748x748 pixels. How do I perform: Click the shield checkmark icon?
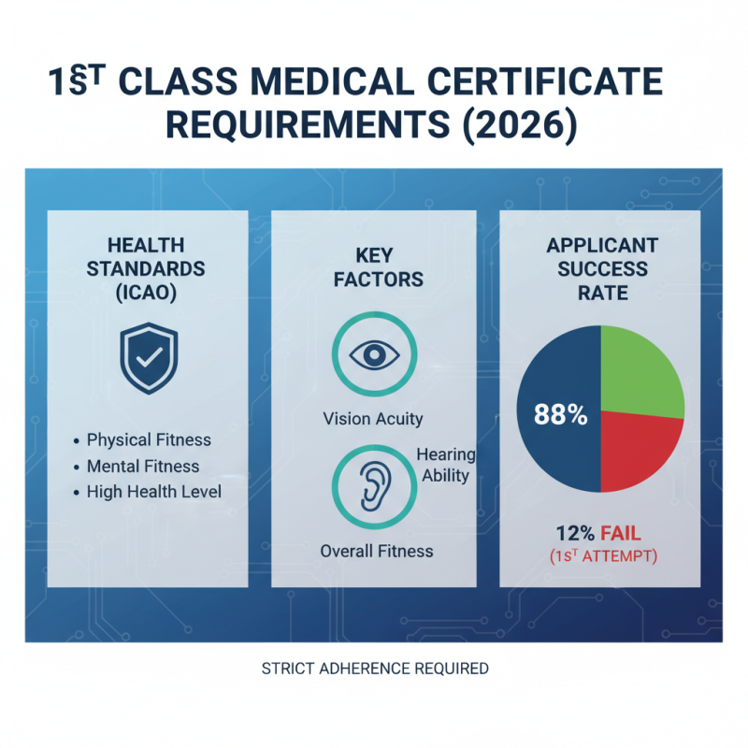click(149, 359)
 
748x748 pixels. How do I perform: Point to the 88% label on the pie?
click(560, 415)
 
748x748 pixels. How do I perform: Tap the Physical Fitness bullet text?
click(149, 439)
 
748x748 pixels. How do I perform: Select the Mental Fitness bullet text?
click(143, 466)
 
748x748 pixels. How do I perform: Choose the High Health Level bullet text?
click(154, 492)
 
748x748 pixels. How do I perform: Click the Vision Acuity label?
click(373, 419)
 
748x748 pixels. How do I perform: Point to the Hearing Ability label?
click(446, 465)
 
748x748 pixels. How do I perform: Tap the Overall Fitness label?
click(377, 552)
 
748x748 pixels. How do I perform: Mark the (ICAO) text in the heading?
click(147, 292)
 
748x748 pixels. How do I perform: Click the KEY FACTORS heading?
click(377, 266)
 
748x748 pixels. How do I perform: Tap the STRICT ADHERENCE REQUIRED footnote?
click(375, 669)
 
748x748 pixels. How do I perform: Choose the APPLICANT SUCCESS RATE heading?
click(601, 269)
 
